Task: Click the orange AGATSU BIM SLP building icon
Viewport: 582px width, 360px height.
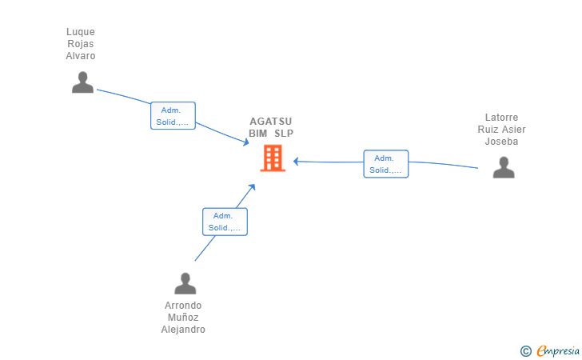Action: pos(273,158)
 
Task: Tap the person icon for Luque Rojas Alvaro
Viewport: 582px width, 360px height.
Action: pos(82,82)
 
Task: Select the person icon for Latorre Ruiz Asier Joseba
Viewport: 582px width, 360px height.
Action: pos(504,167)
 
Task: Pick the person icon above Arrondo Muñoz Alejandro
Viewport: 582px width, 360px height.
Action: pos(185,283)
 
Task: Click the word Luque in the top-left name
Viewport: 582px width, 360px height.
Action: pos(81,32)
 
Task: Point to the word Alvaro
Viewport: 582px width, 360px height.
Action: pos(81,56)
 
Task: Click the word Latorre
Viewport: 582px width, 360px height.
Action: pos(501,118)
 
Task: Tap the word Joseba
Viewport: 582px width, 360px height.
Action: pos(501,142)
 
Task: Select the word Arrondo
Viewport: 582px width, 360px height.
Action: pos(183,306)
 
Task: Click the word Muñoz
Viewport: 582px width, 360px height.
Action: pos(183,318)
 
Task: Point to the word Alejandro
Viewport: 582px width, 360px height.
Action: pos(183,330)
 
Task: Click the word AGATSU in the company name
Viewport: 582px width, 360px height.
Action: pos(270,122)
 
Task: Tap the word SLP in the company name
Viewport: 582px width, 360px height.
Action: pos(284,134)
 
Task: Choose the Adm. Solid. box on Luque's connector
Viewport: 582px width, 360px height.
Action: pos(173,115)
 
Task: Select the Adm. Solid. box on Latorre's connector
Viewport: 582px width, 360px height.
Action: pos(386,164)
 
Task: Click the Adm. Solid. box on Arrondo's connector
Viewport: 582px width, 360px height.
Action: pos(225,222)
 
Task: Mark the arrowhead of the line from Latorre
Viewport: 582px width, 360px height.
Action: pos(296,162)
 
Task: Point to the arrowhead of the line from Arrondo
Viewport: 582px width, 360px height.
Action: pos(253,187)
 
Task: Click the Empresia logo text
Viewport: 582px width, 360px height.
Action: pos(558,350)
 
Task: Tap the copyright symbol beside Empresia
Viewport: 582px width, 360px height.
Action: pos(526,351)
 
